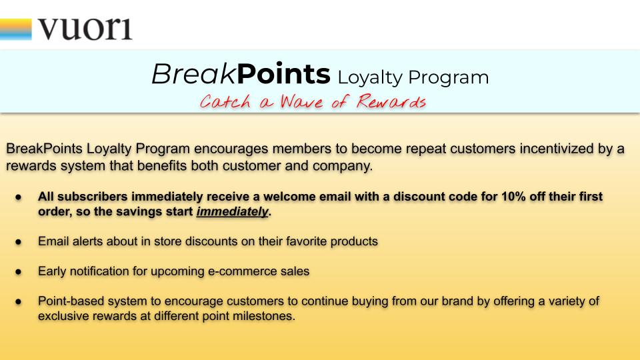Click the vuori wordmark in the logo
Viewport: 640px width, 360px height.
coord(85,29)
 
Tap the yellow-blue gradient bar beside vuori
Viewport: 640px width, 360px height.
coord(15,29)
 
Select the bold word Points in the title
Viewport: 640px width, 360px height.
coord(283,74)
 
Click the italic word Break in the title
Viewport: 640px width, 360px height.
coord(194,74)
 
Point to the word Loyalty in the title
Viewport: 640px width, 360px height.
coord(370,77)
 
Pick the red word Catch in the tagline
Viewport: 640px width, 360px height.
coord(225,101)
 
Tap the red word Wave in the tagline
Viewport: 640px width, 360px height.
coord(301,101)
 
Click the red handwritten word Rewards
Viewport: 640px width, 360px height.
coord(391,101)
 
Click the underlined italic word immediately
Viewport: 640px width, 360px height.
coord(232,211)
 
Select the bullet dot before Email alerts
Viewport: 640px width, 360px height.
coord(19,241)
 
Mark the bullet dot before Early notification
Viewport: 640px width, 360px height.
coord(19,271)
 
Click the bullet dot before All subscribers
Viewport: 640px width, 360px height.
coord(19,197)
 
